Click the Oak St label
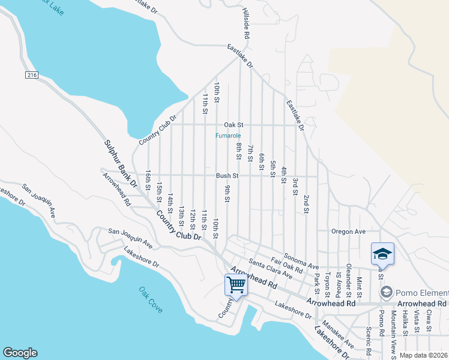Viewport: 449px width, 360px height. [x=233, y=125]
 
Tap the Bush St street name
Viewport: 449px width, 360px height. [x=228, y=176]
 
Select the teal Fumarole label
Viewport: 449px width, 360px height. [x=228, y=136]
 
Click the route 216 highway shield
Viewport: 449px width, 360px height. [x=32, y=74]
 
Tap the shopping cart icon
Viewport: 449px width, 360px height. [x=236, y=284]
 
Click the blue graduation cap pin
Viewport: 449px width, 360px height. [x=382, y=254]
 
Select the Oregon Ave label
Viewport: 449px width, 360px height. [x=348, y=232]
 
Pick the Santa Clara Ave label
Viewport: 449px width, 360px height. [x=270, y=269]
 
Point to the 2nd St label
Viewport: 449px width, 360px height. [x=306, y=204]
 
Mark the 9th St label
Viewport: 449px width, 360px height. [x=228, y=195]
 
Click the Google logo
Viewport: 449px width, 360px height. [x=20, y=353]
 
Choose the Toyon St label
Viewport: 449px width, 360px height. [x=328, y=285]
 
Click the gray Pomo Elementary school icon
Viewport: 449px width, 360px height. [x=387, y=292]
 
